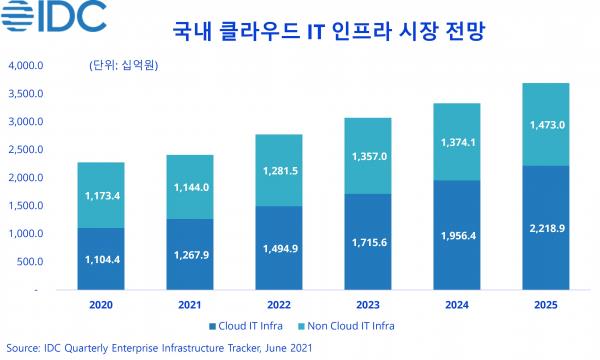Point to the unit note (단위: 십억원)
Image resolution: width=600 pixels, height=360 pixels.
click(x=124, y=66)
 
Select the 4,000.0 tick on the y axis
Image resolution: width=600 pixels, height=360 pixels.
click(x=23, y=66)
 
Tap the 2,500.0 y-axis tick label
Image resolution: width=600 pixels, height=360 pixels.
click(x=23, y=150)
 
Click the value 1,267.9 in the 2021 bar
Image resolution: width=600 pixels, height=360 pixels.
click(x=188, y=252)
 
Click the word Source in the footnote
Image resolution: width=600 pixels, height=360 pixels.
click(x=22, y=347)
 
